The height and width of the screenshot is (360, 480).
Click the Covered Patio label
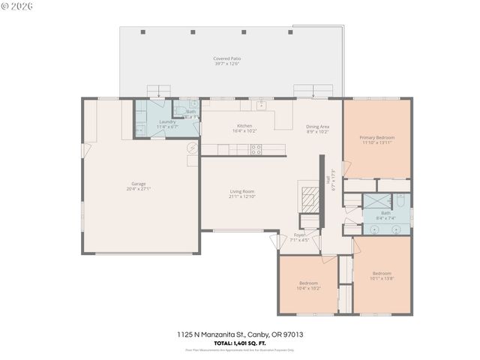click(x=227, y=58)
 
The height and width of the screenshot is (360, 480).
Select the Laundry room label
click(x=166, y=121)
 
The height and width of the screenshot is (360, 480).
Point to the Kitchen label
click(x=244, y=125)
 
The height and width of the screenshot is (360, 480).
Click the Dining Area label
click(x=318, y=126)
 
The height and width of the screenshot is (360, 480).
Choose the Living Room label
click(x=242, y=191)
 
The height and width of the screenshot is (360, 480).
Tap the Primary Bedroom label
click(x=376, y=137)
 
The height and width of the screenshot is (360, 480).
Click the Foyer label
click(x=299, y=235)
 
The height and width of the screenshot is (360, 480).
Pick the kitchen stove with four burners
click(x=256, y=148)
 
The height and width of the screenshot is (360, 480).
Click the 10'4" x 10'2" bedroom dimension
click(x=309, y=288)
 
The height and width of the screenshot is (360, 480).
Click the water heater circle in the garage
click(x=192, y=148)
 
